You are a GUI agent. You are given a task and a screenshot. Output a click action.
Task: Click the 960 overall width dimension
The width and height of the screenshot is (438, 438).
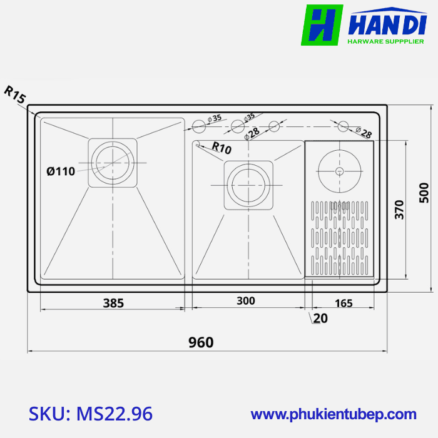201,342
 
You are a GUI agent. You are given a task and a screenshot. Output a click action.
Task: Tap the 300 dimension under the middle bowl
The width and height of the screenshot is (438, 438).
246,301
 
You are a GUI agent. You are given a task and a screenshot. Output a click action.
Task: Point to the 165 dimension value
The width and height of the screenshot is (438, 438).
344,303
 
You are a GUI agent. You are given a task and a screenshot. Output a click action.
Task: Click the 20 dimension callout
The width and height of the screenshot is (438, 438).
320,318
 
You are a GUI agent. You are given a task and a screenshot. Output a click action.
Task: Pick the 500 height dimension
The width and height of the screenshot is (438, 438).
424,192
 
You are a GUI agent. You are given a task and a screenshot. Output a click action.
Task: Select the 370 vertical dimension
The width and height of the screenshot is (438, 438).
400,210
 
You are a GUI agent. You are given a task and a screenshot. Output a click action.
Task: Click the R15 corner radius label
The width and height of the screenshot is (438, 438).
15,94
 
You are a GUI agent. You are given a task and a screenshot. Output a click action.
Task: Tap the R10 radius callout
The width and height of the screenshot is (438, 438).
222,148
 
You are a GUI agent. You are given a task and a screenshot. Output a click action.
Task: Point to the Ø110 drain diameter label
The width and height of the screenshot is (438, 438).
61,171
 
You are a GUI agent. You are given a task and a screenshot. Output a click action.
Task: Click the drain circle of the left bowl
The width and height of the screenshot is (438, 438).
113,161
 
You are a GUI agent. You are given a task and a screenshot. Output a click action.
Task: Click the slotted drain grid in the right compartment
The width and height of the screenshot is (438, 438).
339,238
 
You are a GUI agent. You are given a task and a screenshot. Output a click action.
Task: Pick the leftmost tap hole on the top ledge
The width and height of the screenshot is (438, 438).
198,127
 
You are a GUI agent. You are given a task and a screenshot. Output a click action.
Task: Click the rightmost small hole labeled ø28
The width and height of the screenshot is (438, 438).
343,127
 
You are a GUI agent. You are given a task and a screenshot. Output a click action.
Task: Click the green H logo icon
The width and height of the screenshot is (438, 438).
322,25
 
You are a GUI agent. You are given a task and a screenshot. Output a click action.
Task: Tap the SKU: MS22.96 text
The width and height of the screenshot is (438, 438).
91,414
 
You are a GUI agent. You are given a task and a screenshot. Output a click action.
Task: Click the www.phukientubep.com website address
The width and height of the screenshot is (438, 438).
334,414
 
